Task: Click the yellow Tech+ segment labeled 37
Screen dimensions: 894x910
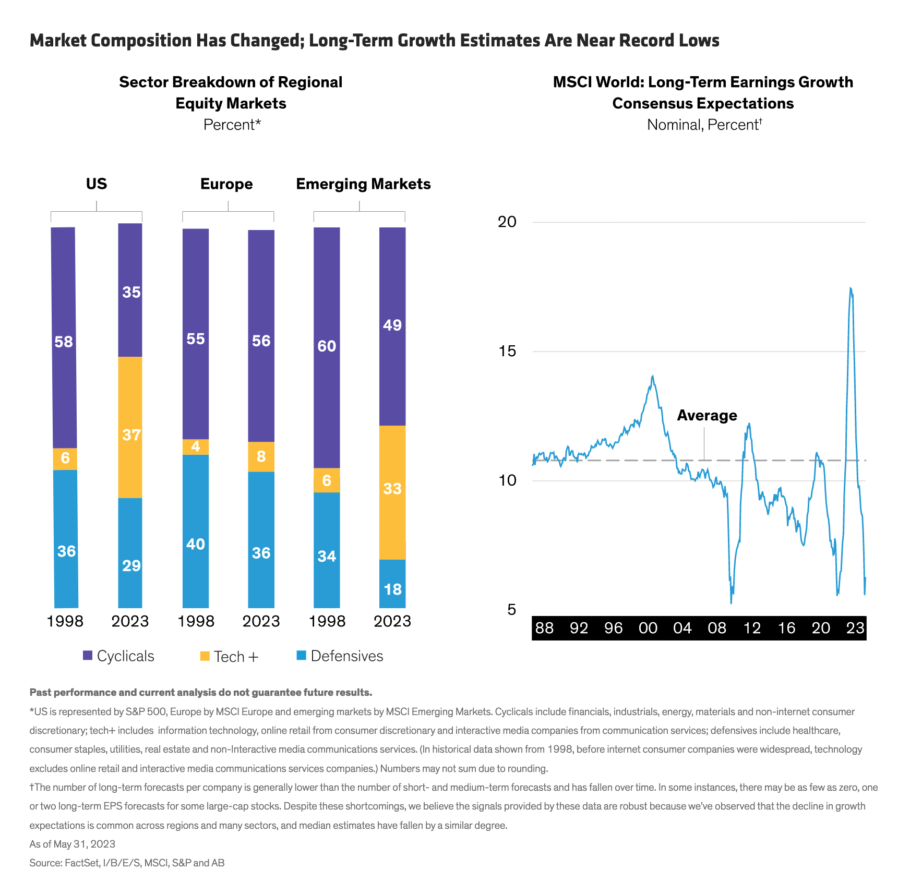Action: [130, 427]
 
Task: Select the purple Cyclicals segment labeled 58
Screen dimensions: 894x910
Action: [64, 337]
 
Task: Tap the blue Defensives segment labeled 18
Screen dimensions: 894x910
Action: [392, 584]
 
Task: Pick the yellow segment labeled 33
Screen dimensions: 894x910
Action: [392, 492]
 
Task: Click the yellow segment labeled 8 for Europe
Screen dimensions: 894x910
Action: [261, 456]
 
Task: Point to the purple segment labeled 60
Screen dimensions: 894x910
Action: [327, 347]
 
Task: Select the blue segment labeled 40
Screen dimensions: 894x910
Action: [196, 531]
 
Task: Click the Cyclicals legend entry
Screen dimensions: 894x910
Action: [118, 656]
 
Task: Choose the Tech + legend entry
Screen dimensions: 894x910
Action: [229, 657]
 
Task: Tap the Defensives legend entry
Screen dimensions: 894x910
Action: [340, 656]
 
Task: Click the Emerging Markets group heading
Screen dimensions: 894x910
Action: [363, 184]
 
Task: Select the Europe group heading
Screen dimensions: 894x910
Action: [226, 184]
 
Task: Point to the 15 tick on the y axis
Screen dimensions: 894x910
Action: [507, 351]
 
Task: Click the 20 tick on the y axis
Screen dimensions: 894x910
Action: [507, 222]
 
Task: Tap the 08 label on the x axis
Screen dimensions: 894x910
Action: [717, 628]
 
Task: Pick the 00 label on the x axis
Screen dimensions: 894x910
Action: [648, 628]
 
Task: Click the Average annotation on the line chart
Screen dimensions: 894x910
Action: [707, 416]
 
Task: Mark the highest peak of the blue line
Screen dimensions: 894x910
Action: [851, 288]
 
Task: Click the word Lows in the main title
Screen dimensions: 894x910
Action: [699, 41]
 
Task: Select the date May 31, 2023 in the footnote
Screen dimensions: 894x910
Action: [85, 844]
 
